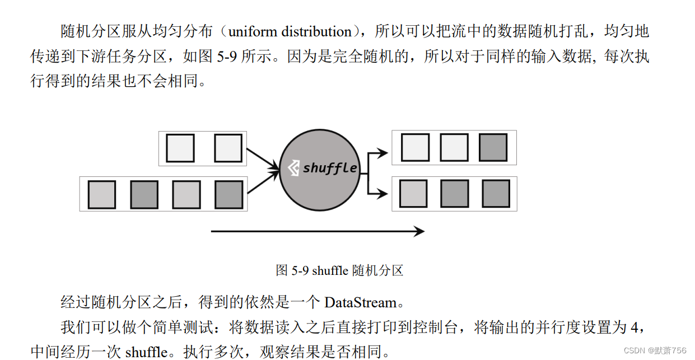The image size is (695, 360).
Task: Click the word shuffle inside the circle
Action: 330,168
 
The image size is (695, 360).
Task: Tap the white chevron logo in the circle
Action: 293,168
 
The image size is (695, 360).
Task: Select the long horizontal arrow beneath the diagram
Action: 317,231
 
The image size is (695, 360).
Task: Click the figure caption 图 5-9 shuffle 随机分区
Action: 339,271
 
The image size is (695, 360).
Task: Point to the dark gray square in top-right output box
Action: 493,148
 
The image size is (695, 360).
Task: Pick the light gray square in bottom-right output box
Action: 413,194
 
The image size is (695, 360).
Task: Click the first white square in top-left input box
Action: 180,148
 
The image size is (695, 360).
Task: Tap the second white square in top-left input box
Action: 228,148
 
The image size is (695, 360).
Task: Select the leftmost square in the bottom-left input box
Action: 102,194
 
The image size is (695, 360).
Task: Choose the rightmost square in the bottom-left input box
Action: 228,194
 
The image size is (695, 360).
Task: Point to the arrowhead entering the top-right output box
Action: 383,152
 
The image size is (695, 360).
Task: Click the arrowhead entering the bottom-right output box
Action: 383,194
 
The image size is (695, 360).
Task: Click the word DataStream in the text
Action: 361,303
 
